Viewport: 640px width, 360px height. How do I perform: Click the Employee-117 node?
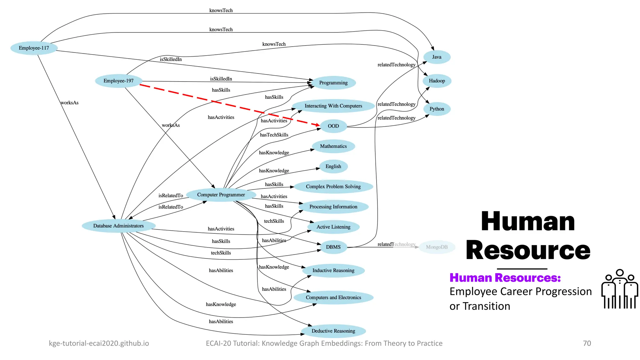(x=34, y=48)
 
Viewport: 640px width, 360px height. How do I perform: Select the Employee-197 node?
(x=118, y=81)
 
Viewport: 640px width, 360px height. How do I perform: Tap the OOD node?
(x=333, y=126)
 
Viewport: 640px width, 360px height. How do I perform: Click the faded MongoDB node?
(x=437, y=247)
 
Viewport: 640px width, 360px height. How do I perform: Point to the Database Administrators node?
(x=118, y=226)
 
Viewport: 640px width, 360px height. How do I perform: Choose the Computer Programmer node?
(x=221, y=195)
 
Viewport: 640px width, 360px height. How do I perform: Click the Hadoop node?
(x=437, y=81)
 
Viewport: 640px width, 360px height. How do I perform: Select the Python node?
(x=437, y=109)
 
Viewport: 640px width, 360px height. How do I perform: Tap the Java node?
(x=437, y=57)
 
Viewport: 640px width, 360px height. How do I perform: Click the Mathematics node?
(x=333, y=146)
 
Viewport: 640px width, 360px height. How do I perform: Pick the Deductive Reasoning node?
(x=333, y=331)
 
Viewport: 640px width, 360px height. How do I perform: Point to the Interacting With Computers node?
(x=333, y=106)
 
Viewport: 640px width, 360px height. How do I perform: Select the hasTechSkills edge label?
(x=274, y=135)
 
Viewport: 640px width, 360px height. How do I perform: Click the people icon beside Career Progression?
(x=619, y=289)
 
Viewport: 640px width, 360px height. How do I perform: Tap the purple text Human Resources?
(x=505, y=278)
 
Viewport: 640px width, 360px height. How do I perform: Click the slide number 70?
(x=587, y=343)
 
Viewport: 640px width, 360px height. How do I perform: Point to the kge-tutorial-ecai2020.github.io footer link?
(x=99, y=343)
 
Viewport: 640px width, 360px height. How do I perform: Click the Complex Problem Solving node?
(x=333, y=187)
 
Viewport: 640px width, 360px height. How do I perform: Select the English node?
(x=333, y=167)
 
